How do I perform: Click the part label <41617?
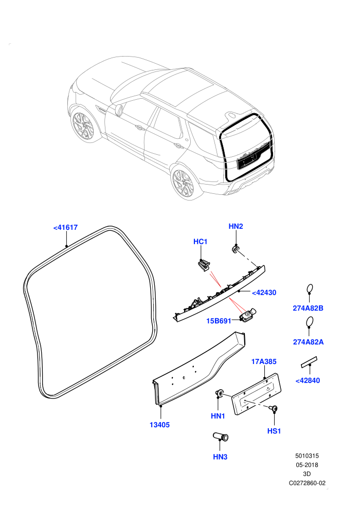click(x=66, y=228)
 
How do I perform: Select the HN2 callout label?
click(x=236, y=226)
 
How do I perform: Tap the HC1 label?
click(x=200, y=242)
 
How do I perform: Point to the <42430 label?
click(x=264, y=293)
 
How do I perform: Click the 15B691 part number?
click(x=219, y=321)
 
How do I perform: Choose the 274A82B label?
click(x=308, y=308)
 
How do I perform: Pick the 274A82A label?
click(x=309, y=342)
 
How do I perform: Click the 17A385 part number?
click(x=264, y=361)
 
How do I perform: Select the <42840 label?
click(x=308, y=380)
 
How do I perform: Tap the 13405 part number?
click(x=159, y=425)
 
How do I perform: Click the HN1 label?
click(x=218, y=416)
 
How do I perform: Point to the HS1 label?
click(x=274, y=431)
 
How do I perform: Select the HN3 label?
click(x=220, y=457)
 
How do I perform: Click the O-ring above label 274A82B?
click(x=310, y=285)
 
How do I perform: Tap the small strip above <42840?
click(x=309, y=362)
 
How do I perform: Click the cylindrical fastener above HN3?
click(x=221, y=437)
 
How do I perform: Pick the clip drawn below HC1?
click(x=204, y=265)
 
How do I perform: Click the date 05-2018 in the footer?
click(x=307, y=465)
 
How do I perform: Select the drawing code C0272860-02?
click(x=307, y=483)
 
